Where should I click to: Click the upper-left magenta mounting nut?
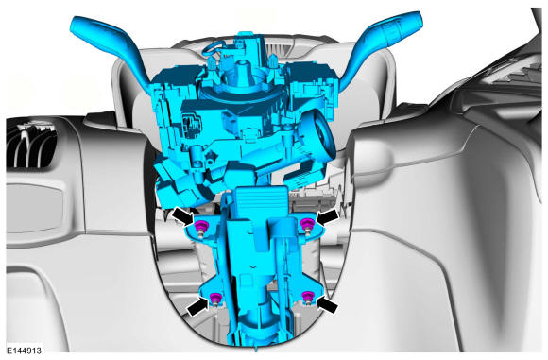[201, 226]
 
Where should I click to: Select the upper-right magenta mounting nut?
[306, 223]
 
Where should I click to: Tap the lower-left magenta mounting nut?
[214, 298]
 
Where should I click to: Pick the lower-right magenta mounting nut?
[307, 296]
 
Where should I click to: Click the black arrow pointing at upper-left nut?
[183, 215]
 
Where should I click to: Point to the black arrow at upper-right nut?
[327, 216]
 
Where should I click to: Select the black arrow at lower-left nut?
[197, 308]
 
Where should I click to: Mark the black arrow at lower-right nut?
[327, 305]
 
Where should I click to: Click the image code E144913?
[25, 351]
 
